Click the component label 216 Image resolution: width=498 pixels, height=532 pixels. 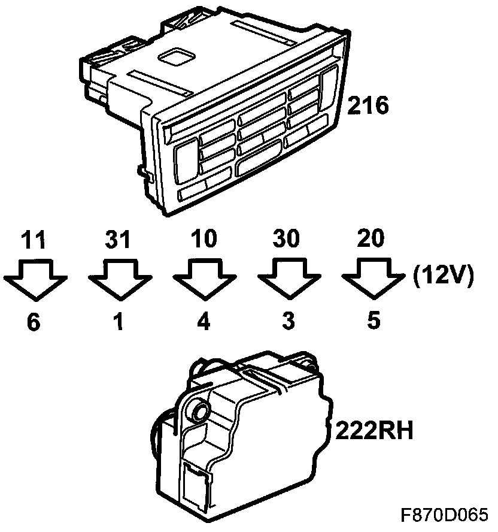tap(368, 105)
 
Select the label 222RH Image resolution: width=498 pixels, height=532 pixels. tap(374, 431)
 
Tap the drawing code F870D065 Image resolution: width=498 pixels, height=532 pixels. tap(445, 515)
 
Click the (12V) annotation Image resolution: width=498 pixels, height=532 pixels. tap(443, 277)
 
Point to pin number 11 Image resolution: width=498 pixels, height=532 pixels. tap(34, 240)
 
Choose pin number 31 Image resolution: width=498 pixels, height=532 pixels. tap(118, 239)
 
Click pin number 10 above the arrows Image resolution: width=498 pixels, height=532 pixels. tap(204, 238)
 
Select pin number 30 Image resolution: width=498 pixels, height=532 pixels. tap(287, 238)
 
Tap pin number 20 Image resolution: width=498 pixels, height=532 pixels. tap(371, 238)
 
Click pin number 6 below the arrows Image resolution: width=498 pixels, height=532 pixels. tap(34, 322)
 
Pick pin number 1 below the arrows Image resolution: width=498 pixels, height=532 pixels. tap(119, 322)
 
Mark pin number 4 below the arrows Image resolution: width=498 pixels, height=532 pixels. tap(204, 322)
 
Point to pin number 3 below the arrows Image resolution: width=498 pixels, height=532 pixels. tap(289, 321)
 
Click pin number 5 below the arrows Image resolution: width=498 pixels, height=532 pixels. tap(373, 321)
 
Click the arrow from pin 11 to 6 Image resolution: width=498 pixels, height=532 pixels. tap(35, 280)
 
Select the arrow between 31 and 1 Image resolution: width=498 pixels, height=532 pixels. tap(120, 280)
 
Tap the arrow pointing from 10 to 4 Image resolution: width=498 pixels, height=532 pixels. tap(205, 279)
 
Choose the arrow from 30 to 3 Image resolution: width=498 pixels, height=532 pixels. tap(289, 279)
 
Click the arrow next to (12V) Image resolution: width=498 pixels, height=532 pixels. tap(373, 279)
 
